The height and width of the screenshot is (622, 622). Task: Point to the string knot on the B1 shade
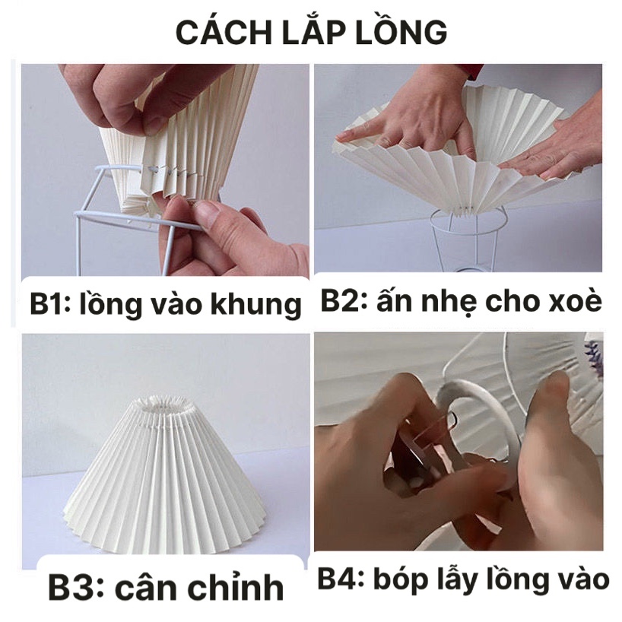[x=153, y=170]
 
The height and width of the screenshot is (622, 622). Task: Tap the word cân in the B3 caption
[x=145, y=587]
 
